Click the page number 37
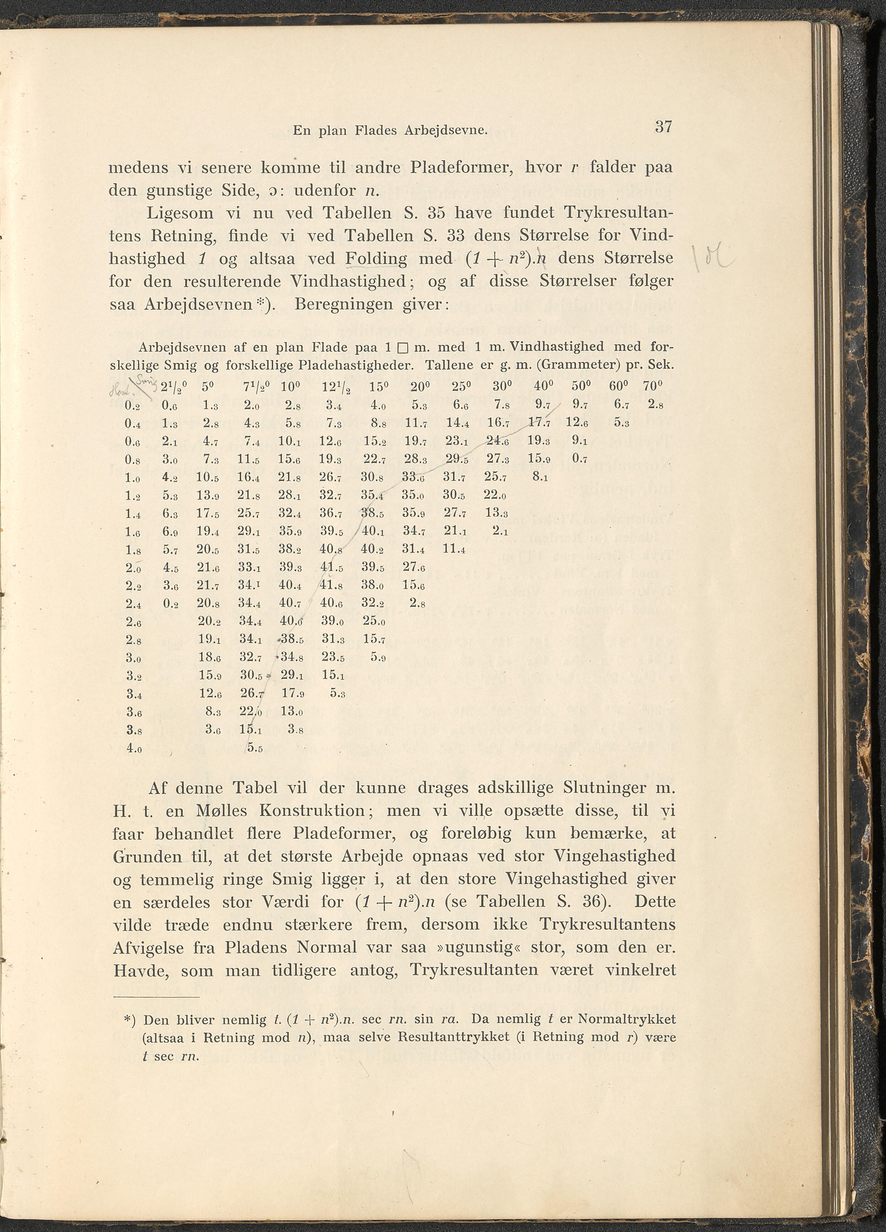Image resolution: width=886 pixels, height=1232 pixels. click(664, 127)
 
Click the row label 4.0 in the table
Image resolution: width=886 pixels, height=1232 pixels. click(134, 747)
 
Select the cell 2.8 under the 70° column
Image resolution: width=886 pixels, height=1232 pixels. click(655, 405)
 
